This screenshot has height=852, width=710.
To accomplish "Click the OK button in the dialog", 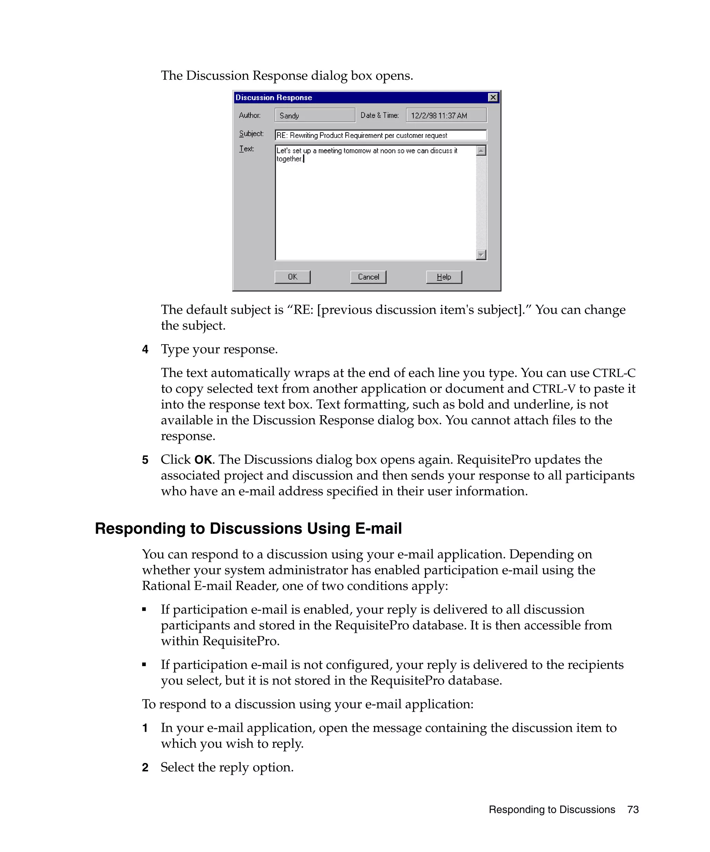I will tap(292, 277).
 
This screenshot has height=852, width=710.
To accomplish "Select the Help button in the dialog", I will tap(443, 277).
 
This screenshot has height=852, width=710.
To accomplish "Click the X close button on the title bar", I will tap(493, 97).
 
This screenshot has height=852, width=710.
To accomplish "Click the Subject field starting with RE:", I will tap(380, 135).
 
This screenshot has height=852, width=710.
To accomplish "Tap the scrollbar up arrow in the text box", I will tap(481, 151).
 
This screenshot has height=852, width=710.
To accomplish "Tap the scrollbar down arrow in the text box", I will tap(481, 254).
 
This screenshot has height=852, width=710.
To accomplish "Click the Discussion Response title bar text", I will tap(274, 97).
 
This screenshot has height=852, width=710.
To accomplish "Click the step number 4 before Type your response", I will tap(145, 349).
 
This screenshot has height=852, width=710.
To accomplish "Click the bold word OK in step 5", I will tap(203, 460).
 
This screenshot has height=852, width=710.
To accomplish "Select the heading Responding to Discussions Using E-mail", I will tap(248, 528).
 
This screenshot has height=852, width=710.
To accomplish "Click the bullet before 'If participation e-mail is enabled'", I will tap(144, 609).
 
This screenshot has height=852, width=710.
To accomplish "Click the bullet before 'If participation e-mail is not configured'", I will tap(144, 664).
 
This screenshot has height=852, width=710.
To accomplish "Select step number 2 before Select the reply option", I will tap(145, 767).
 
